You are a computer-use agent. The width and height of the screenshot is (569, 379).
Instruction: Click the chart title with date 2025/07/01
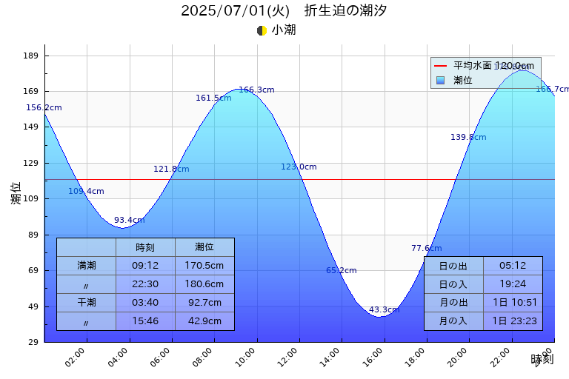pyautogui.click(x=284, y=11)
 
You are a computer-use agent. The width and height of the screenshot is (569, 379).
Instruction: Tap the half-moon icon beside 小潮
pyautogui.click(x=262, y=30)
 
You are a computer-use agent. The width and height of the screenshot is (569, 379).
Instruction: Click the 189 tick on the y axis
pyautogui.click(x=33, y=56)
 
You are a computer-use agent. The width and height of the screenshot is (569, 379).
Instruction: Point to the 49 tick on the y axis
pyautogui.click(x=33, y=306)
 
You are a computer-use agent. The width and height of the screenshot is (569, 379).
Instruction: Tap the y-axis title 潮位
pyautogui.click(x=16, y=193)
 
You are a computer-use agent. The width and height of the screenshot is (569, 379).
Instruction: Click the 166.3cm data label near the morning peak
pyautogui.click(x=256, y=90)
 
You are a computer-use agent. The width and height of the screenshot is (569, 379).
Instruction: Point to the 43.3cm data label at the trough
pyautogui.click(x=384, y=309)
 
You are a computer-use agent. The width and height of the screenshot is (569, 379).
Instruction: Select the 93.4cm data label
pyautogui.click(x=129, y=220)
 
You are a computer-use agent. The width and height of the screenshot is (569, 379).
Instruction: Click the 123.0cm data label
pyautogui.click(x=299, y=167)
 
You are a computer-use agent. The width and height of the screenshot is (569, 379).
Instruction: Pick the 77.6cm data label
pyautogui.click(x=426, y=248)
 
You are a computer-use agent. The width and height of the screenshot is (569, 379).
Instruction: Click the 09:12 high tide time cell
pyautogui.click(x=145, y=265)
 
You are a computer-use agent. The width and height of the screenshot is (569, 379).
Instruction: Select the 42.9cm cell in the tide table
pyautogui.click(x=204, y=321)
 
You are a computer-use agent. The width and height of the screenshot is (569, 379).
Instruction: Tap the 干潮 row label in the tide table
pyautogui.click(x=86, y=302)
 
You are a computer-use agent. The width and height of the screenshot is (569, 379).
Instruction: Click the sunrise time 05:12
pyautogui.click(x=513, y=266)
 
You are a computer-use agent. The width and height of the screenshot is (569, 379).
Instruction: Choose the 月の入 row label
pyautogui.click(x=453, y=321)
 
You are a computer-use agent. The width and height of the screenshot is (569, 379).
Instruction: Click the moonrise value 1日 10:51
pyautogui.click(x=513, y=302)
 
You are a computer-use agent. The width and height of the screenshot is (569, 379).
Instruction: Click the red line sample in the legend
pyautogui.click(x=441, y=66)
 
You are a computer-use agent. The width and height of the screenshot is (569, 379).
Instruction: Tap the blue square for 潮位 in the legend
pyautogui.click(x=441, y=80)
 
